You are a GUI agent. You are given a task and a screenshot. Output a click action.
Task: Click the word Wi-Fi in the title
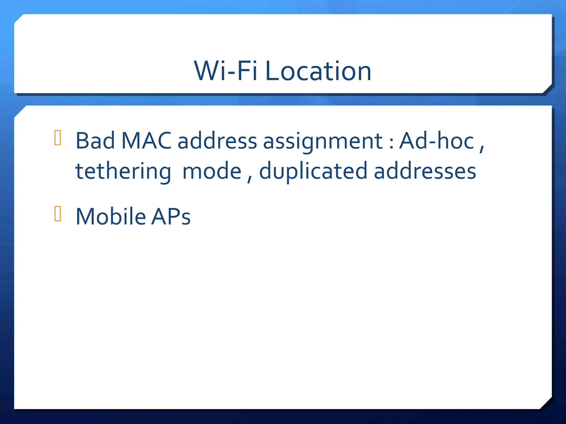[226, 71]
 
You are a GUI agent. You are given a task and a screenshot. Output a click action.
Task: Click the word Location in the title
[318, 71]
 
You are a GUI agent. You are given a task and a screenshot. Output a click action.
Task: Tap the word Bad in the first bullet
[95, 141]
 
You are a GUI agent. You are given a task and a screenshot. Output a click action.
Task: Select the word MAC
[146, 141]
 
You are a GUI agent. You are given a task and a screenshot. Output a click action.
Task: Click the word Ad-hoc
[437, 141]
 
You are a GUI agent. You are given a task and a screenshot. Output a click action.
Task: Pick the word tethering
[123, 171]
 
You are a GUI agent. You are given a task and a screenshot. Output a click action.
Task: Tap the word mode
[212, 171]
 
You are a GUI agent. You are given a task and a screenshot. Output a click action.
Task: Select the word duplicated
[313, 171]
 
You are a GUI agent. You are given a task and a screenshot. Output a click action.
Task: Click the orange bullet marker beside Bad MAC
[58, 137]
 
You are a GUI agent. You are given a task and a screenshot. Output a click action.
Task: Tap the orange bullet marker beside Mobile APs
[58, 213]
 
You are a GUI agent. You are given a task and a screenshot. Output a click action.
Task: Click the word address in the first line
[217, 141]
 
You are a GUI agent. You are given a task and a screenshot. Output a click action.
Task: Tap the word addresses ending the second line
[425, 171]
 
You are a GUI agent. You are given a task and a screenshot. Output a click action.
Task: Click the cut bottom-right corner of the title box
[547, 89]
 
